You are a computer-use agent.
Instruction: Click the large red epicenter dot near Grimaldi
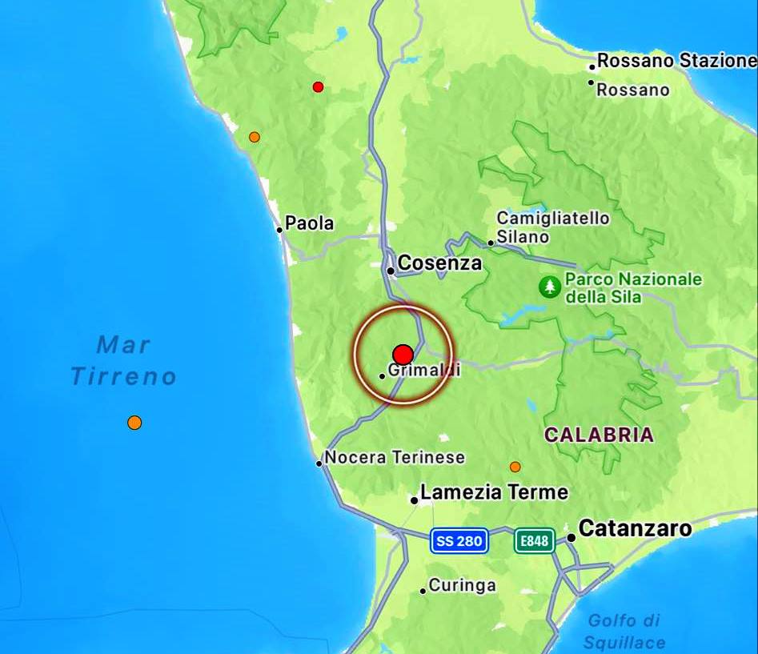click(403, 355)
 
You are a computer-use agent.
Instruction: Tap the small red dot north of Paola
click(318, 86)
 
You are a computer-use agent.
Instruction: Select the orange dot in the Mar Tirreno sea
click(134, 422)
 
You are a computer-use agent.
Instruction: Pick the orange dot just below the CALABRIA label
click(515, 467)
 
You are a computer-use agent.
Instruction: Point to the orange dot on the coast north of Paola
click(255, 137)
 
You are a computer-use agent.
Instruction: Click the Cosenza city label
click(439, 263)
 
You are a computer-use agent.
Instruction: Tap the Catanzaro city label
click(635, 528)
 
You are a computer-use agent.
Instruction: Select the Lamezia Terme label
click(494, 492)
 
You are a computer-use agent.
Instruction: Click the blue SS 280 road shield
click(459, 541)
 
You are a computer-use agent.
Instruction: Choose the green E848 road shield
click(534, 541)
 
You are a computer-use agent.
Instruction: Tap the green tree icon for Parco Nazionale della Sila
click(550, 287)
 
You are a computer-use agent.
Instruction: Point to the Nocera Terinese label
click(395, 458)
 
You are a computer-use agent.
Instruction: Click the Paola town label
click(310, 224)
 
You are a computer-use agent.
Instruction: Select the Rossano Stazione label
click(676, 61)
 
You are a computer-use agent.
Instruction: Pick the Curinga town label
click(462, 585)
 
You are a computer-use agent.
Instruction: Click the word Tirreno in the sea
click(124, 376)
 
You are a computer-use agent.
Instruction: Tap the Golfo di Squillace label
click(624, 631)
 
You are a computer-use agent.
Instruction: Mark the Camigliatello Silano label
click(552, 227)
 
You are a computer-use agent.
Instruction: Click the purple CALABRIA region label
click(599, 435)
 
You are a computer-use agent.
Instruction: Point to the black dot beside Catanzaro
click(572, 538)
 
